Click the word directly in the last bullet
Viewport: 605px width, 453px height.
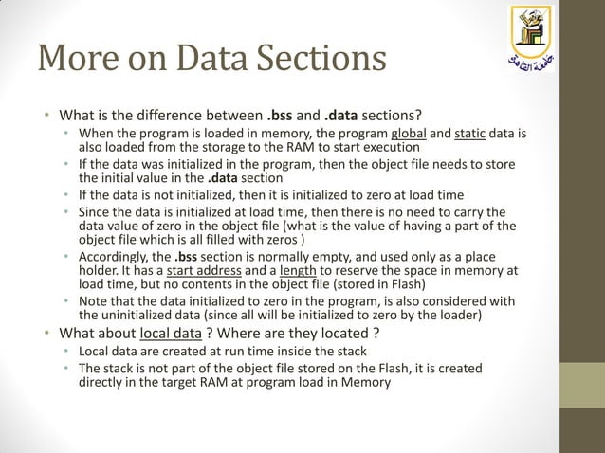(107, 383)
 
